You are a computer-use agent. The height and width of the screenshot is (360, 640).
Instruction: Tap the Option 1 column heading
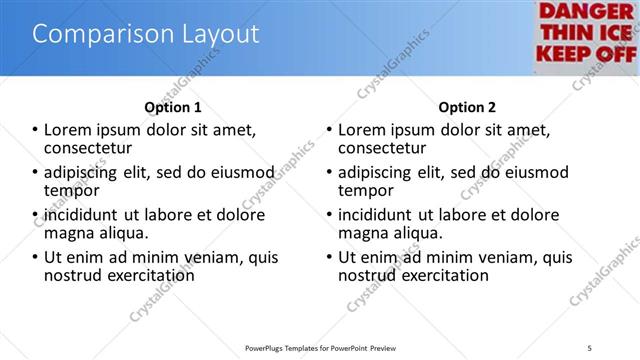click(173, 107)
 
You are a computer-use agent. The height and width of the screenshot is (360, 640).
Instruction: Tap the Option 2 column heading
click(467, 107)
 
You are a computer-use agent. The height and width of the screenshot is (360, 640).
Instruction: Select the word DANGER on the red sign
click(586, 11)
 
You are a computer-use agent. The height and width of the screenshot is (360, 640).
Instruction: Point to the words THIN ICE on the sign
click(586, 32)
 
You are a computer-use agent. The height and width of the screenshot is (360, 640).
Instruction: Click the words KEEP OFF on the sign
click(586, 53)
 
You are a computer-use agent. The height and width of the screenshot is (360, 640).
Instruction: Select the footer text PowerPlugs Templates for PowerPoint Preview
click(319, 347)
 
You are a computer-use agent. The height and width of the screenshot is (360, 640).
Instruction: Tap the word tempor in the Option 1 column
click(71, 190)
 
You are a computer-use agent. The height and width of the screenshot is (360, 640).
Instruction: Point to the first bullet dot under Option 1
click(35, 130)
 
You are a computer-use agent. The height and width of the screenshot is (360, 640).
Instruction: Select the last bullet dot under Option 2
click(329, 258)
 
